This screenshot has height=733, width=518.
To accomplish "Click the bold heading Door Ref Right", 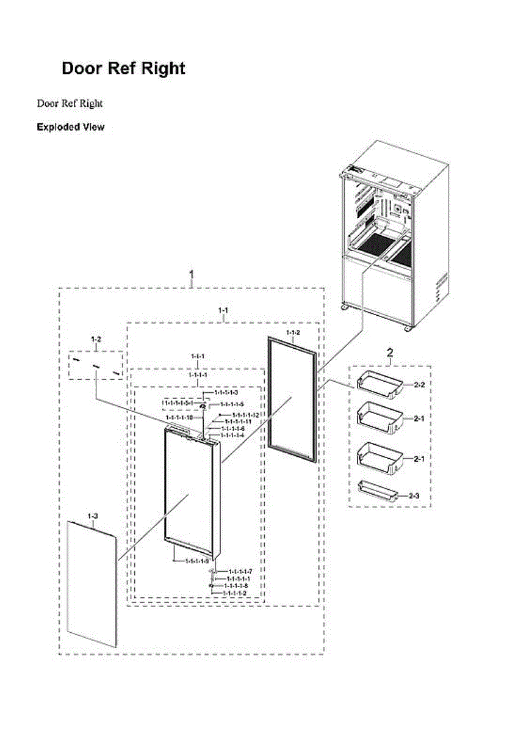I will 123,68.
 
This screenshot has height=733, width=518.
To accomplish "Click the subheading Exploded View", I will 70,127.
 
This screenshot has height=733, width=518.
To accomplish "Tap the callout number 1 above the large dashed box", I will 192,274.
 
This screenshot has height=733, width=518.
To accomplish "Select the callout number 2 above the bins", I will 390,352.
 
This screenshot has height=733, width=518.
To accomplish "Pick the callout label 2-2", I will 419,385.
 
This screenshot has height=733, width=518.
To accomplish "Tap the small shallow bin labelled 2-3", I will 378,490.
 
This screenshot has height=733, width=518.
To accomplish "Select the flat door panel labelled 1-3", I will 92,583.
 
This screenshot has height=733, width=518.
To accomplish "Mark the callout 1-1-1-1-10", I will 179,417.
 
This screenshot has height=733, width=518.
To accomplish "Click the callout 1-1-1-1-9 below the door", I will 196,561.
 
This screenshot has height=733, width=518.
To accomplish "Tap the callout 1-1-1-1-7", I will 240,571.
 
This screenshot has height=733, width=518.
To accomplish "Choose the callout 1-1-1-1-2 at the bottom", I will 234,593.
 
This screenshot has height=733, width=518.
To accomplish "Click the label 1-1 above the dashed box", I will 223,311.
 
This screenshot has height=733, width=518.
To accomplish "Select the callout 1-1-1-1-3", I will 225,392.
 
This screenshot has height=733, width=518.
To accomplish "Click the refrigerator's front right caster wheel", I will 407,329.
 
